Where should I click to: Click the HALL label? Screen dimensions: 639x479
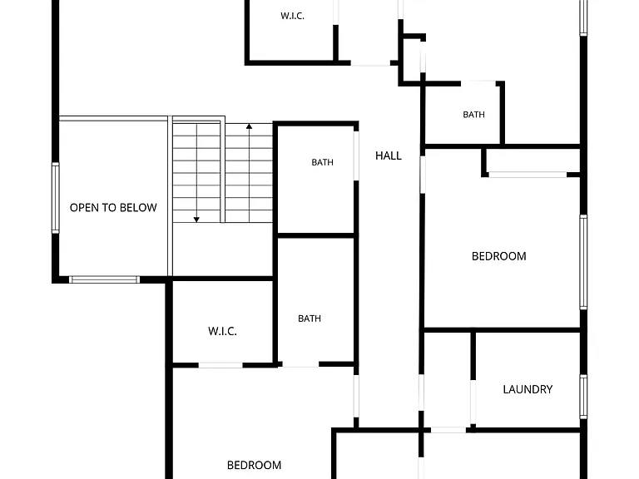(x=389, y=156)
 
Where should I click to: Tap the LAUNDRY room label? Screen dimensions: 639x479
(x=528, y=389)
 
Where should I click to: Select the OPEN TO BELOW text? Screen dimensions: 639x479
(x=113, y=208)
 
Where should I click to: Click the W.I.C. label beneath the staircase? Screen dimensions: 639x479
(x=222, y=331)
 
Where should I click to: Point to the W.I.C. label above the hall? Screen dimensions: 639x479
(x=292, y=16)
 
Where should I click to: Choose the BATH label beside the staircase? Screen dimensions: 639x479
(x=322, y=162)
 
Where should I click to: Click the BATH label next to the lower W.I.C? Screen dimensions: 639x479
(x=310, y=319)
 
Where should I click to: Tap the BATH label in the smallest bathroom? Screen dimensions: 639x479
(x=474, y=115)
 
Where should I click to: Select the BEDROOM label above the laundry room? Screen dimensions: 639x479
(x=499, y=256)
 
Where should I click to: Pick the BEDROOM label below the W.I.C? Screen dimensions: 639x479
(x=254, y=465)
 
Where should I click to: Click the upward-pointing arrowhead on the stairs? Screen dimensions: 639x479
(x=249, y=126)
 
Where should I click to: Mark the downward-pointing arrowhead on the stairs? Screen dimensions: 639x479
(x=196, y=220)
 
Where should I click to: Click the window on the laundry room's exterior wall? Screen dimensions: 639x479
(x=583, y=397)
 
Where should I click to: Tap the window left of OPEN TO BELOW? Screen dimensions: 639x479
(x=56, y=198)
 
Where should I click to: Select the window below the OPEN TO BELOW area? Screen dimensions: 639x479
(x=104, y=279)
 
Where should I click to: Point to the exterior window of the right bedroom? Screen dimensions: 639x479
(x=583, y=262)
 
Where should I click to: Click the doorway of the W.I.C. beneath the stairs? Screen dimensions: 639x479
(x=220, y=365)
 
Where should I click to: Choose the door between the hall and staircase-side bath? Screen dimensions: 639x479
(x=356, y=156)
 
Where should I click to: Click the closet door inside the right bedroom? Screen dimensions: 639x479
(x=528, y=175)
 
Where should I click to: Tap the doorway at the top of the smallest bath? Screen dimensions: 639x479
(x=478, y=83)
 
